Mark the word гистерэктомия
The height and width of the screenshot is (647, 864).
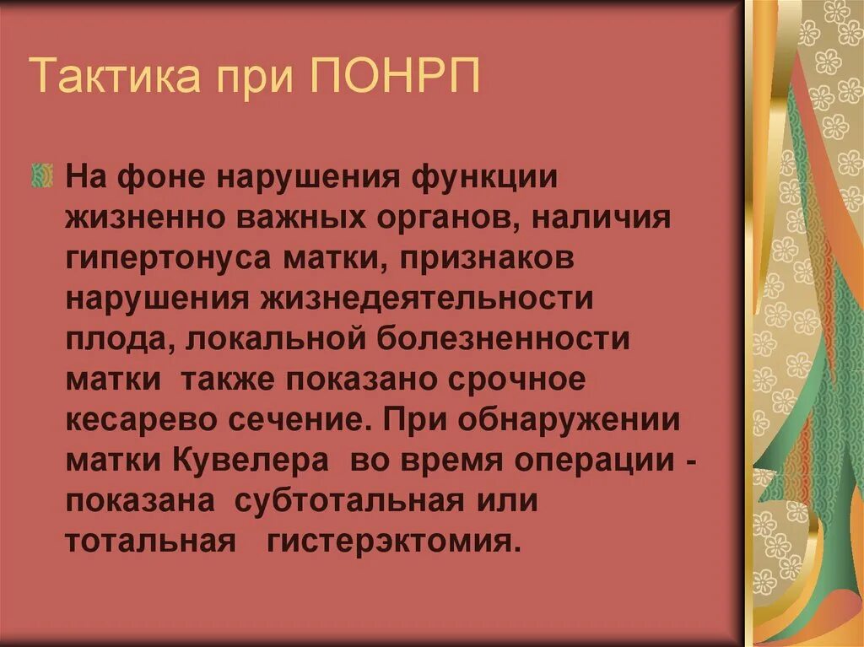click(390, 541)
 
